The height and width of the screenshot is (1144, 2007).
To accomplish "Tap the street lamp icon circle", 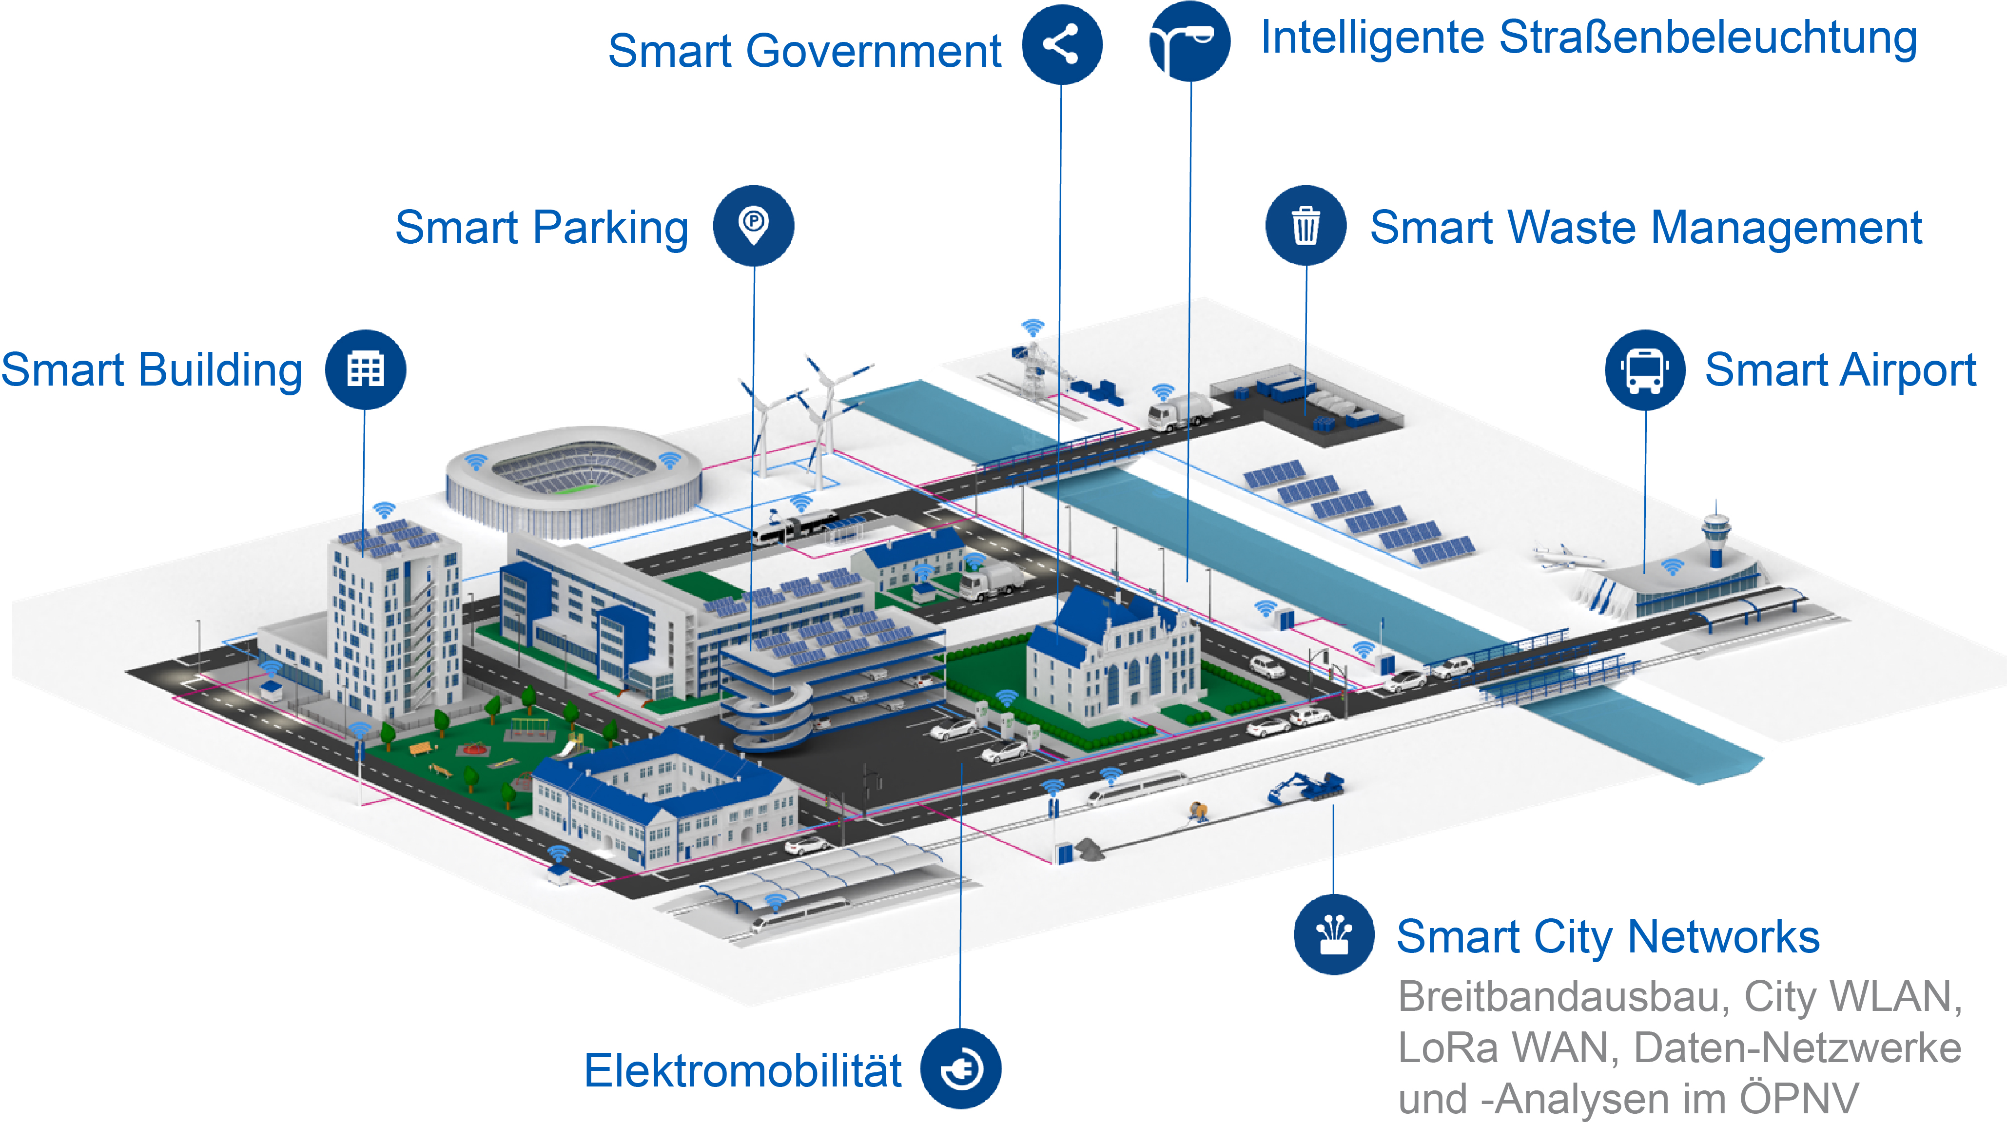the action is (1190, 41).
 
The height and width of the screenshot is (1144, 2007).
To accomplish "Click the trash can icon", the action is (1306, 226).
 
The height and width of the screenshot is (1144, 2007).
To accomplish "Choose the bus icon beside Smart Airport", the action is (1645, 369).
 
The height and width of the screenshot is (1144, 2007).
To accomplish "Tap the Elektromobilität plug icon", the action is (960, 1068).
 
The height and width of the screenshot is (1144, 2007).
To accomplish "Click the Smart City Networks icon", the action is (1334, 934).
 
